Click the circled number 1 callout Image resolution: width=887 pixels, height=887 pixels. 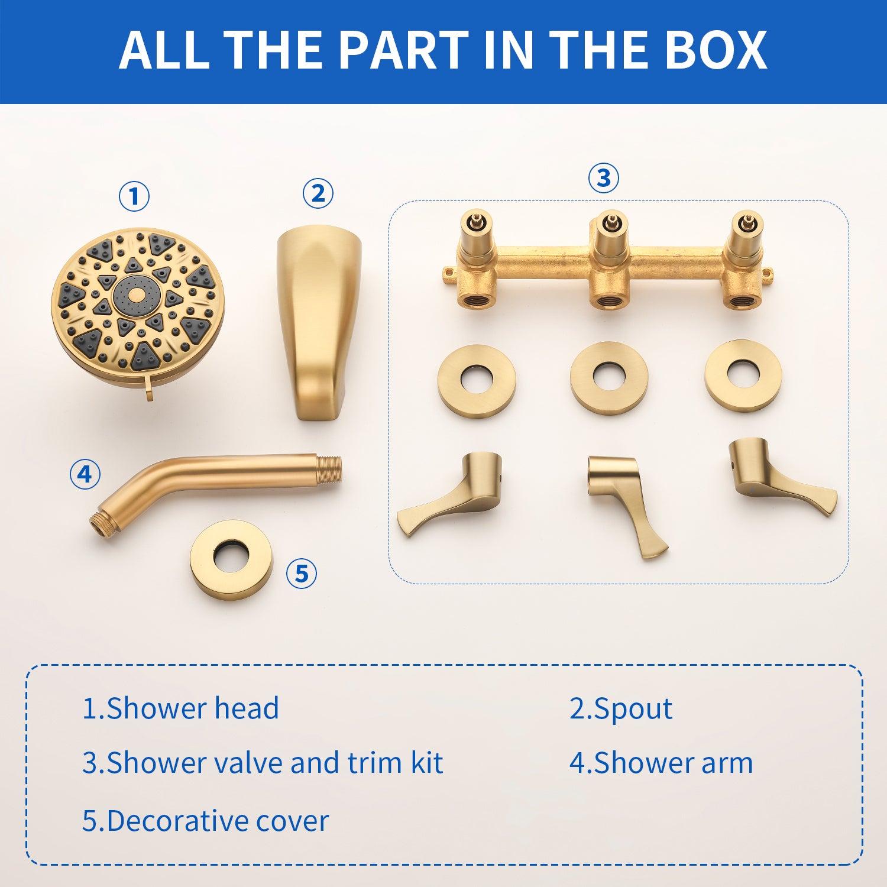coord(134,196)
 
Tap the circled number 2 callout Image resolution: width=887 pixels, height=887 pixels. coord(318,193)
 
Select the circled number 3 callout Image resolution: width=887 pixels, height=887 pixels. coord(603,177)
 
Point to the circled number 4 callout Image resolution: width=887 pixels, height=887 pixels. coord(85,474)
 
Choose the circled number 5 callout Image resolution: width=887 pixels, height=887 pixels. coord(302,574)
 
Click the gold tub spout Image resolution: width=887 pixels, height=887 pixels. coord(318,323)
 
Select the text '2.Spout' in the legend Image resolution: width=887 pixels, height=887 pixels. coord(621,708)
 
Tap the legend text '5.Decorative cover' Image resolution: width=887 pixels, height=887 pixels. coord(205,821)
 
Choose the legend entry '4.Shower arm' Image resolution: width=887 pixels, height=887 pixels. coord(661,763)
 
